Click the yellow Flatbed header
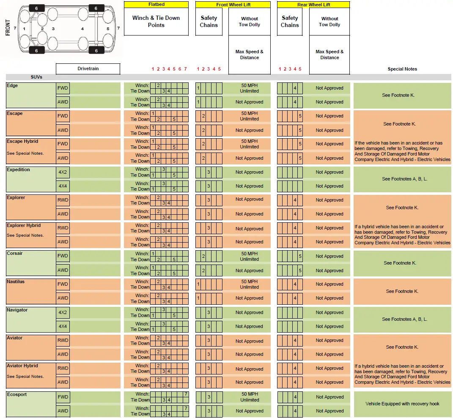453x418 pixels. click(156, 4)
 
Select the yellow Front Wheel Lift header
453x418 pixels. click(233, 5)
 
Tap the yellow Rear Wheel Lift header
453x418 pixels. click(313, 5)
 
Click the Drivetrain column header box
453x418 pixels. click(88, 68)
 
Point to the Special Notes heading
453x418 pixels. click(402, 69)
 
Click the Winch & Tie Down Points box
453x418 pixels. click(156, 22)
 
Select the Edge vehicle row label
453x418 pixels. click(12, 86)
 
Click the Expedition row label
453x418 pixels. click(18, 169)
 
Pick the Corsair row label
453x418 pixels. click(15, 254)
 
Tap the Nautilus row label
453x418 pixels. click(16, 281)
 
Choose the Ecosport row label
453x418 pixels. click(16, 394)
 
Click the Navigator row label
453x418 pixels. click(17, 310)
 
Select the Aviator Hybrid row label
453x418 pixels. click(22, 366)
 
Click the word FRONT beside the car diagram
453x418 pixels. click(8, 28)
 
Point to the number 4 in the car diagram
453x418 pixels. click(82, 29)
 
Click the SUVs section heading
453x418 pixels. click(36, 77)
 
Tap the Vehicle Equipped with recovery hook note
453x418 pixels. click(402, 404)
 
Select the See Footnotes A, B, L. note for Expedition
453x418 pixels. click(402, 179)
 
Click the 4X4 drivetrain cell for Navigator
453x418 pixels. click(63, 326)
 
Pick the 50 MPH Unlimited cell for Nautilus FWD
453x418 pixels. click(250, 284)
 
